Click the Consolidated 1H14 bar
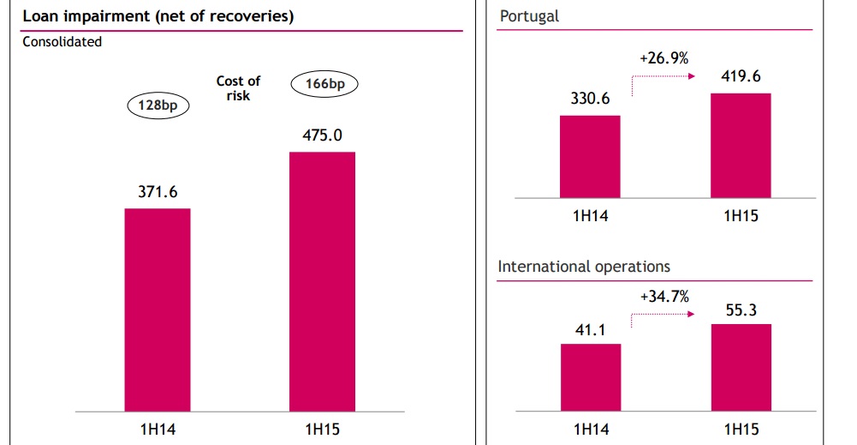point(158,309)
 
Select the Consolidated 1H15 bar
point(322,281)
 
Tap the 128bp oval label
point(158,105)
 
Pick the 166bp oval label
point(324,84)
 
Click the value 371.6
point(158,192)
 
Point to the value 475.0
point(322,135)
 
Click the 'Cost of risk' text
point(238,88)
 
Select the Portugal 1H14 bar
point(590,156)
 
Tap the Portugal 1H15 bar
point(740,145)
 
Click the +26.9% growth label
point(664,59)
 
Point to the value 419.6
point(741,76)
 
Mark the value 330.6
point(590,99)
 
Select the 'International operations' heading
point(584,267)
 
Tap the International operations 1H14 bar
point(590,376)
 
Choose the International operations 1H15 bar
point(740,367)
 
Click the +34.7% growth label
point(664,296)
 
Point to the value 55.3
point(741,310)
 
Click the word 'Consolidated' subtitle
point(62,41)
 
